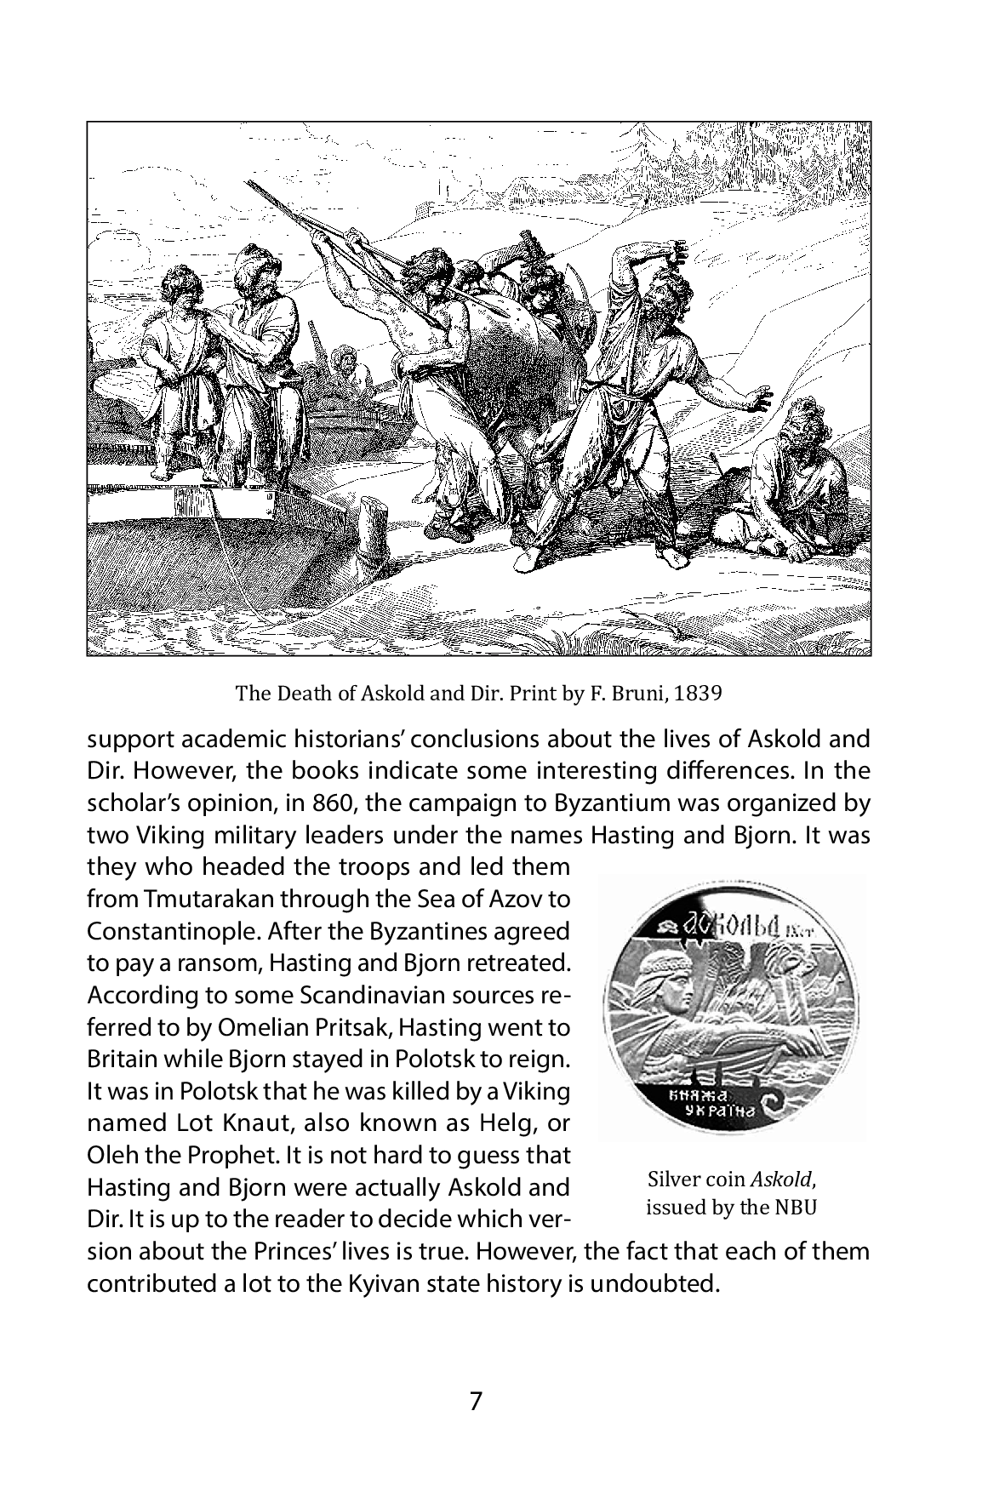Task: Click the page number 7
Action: pos(476,1401)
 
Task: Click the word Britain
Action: pos(116,1060)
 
